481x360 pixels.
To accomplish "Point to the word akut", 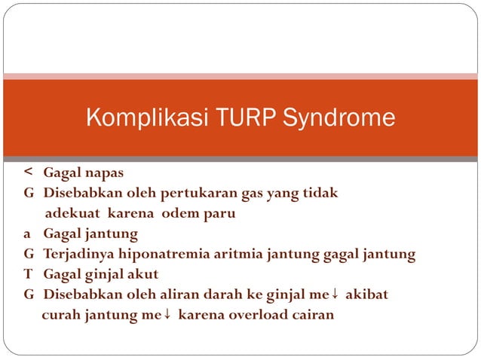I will pos(164,274).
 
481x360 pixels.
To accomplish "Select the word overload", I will pos(253,315).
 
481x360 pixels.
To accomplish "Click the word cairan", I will pos(311,315).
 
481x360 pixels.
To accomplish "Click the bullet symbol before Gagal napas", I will pos(27,172).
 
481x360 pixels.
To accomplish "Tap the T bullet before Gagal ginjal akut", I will pos(27,274).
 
